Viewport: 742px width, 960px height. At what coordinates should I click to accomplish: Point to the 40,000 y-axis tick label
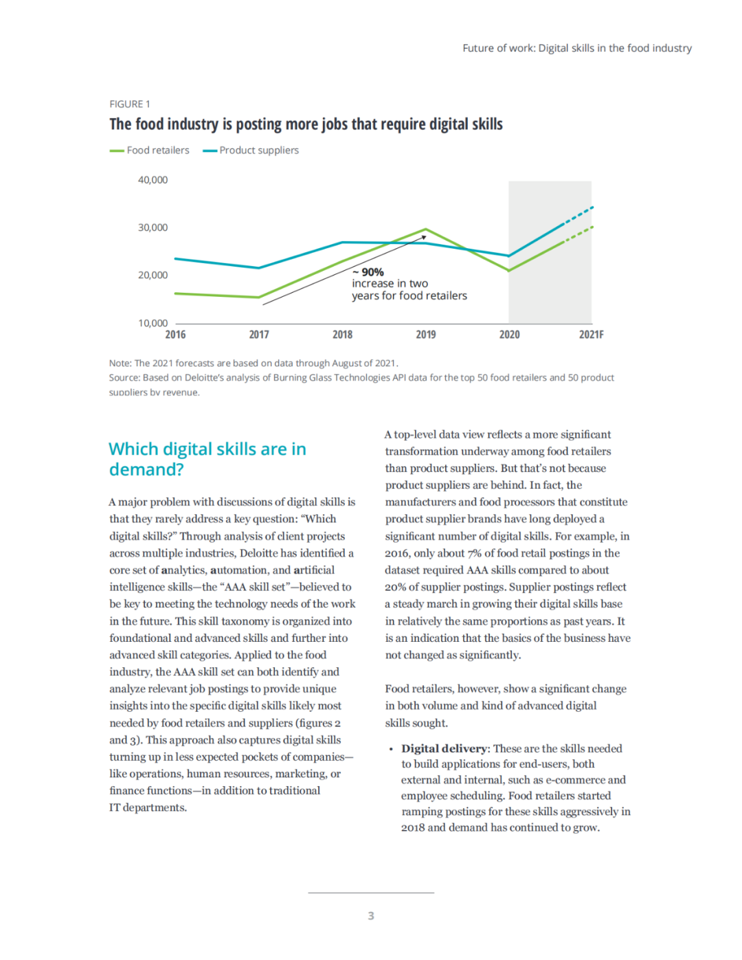click(x=153, y=180)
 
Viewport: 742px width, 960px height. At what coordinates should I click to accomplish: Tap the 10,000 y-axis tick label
click(x=153, y=323)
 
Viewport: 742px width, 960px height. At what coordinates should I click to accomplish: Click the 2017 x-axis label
click(x=259, y=335)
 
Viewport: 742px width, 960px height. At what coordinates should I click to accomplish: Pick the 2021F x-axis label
click(x=591, y=335)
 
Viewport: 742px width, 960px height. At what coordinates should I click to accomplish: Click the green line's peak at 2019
click(x=426, y=229)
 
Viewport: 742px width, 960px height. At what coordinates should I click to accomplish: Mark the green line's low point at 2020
click(x=509, y=270)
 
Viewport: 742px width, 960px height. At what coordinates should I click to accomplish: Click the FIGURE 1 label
click(x=129, y=104)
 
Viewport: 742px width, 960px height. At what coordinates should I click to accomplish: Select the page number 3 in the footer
click(x=371, y=915)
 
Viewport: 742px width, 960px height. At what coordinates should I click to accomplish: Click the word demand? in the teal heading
click(x=146, y=469)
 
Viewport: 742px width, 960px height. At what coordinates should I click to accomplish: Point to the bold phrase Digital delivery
click(x=444, y=748)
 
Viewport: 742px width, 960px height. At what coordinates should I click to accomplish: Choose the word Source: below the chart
click(x=124, y=377)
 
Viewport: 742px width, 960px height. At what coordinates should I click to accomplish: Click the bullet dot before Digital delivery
click(x=391, y=749)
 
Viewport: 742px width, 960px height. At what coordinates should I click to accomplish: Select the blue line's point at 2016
click(x=175, y=258)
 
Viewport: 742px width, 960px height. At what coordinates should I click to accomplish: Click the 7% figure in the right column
click(x=475, y=553)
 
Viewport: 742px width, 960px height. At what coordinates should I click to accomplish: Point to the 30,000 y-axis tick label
click(x=153, y=227)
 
